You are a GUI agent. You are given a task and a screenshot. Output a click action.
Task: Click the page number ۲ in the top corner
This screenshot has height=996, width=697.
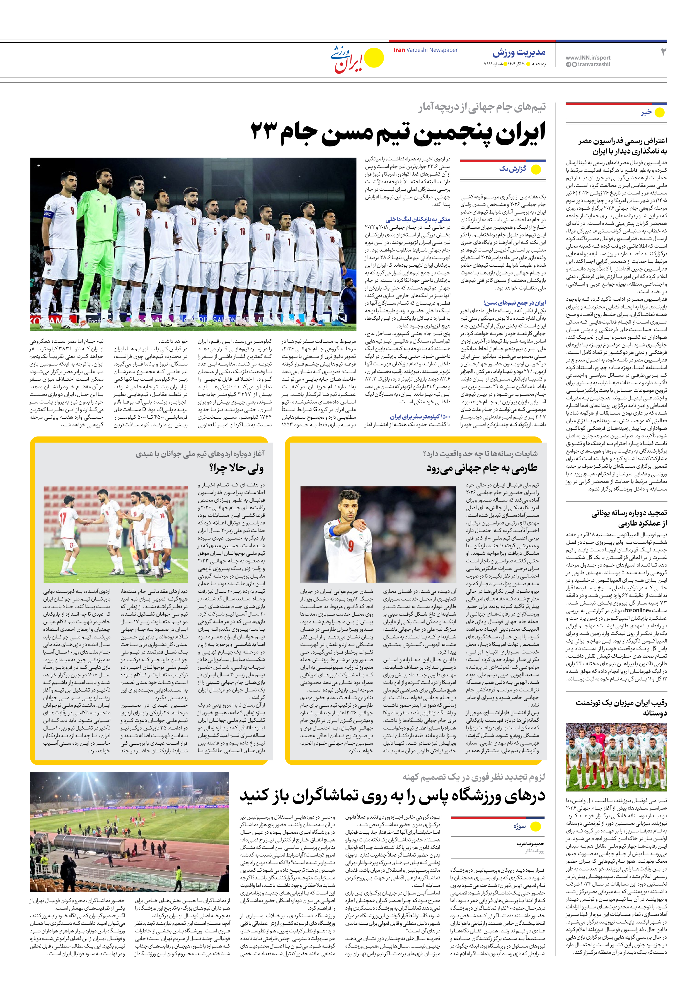[663, 52]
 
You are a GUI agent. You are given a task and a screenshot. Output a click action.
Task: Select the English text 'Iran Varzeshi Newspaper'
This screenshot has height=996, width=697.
[425, 50]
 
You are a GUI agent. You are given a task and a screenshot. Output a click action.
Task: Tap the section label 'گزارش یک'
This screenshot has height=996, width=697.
[513, 169]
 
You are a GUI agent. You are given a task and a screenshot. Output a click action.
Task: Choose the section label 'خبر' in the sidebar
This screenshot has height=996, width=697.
[646, 112]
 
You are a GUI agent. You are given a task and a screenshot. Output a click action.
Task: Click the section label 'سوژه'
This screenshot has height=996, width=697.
[520, 826]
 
